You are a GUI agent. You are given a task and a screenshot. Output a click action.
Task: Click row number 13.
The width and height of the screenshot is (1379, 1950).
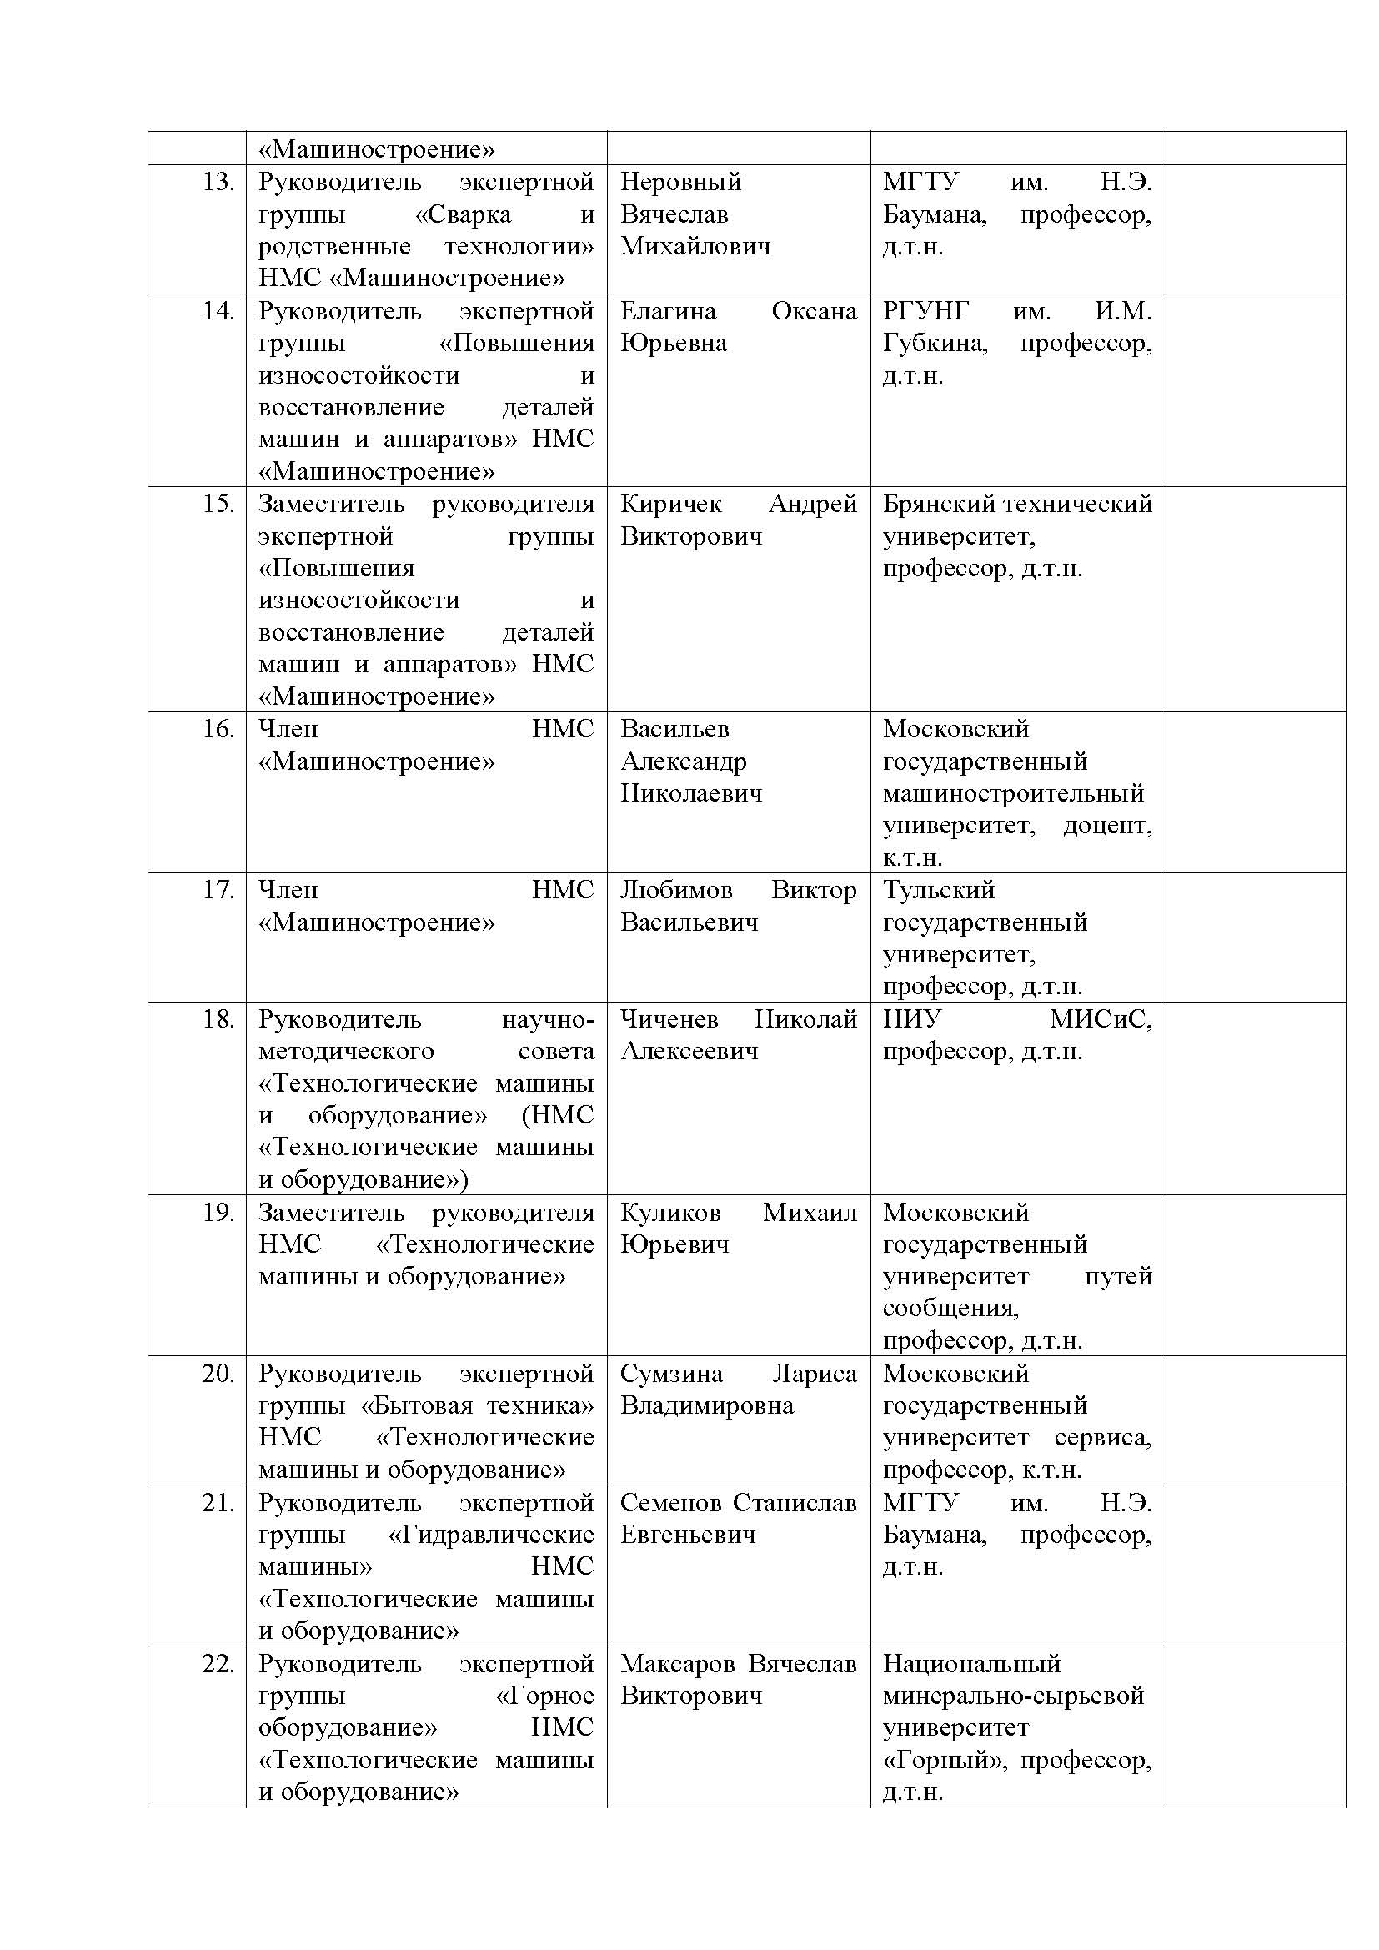click(218, 182)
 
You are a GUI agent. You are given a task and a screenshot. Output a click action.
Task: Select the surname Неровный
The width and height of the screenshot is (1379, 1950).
click(680, 182)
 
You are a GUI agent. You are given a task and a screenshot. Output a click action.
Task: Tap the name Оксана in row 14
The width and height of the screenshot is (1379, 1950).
click(814, 311)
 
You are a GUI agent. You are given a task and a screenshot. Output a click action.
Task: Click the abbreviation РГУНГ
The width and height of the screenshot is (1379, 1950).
click(925, 311)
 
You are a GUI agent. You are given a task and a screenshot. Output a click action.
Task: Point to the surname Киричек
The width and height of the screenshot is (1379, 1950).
click(671, 504)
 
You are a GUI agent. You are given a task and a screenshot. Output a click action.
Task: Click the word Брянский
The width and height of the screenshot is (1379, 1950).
click(939, 504)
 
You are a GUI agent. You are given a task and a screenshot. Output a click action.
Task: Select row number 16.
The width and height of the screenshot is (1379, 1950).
click(218, 729)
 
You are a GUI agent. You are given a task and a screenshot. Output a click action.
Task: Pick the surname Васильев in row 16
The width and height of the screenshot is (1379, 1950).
click(674, 729)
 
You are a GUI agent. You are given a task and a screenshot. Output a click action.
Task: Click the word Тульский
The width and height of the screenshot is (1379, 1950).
click(938, 890)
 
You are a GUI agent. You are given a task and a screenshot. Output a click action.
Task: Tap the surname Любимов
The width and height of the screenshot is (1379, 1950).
click(676, 890)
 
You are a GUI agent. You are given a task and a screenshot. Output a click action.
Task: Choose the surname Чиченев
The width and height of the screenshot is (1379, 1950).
click(669, 1019)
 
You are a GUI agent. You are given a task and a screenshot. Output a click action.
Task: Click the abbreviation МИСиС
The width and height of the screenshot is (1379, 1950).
click(1101, 1019)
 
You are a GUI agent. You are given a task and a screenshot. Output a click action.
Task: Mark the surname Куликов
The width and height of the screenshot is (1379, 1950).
click(670, 1212)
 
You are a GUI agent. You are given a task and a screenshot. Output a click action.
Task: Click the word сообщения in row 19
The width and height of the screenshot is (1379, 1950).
click(950, 1308)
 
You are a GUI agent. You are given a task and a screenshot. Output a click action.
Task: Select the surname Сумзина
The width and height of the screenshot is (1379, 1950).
click(671, 1374)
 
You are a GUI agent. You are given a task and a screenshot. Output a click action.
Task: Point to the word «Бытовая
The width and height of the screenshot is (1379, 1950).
click(416, 1405)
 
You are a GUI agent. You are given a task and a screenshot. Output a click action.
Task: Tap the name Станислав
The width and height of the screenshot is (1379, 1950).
click(795, 1502)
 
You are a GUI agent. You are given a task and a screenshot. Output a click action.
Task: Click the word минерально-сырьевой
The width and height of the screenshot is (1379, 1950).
click(1013, 1696)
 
